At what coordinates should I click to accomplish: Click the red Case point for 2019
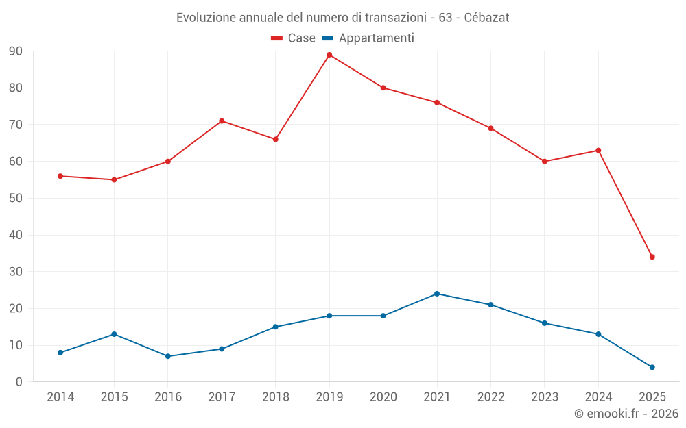329,55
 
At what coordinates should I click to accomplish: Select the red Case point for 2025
652,257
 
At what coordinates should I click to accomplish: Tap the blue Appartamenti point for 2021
437,294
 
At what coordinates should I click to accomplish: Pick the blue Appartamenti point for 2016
168,356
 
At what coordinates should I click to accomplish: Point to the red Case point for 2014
60,176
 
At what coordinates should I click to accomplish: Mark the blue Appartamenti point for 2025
652,367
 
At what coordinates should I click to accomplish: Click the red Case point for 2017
222,121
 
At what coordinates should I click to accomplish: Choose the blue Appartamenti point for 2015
114,334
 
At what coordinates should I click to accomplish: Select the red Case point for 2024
598,151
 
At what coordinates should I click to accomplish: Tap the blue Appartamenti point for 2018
276,327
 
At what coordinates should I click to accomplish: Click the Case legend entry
293,38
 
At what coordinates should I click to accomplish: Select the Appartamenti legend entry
368,38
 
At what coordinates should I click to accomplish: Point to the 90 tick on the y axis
16,51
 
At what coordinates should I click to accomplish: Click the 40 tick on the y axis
16,235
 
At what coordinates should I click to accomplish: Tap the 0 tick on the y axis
19,382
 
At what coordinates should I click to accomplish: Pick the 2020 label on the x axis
383,397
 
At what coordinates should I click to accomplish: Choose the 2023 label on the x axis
545,397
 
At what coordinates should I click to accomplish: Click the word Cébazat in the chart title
486,18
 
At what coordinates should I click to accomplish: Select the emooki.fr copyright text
626,414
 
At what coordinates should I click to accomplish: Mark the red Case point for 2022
490,128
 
